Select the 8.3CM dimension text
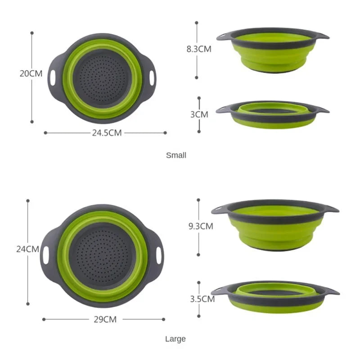pyautogui.click(x=199, y=49)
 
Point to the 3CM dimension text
pyautogui.click(x=199, y=114)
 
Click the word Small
pyautogui.click(x=176, y=155)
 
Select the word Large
pyautogui.click(x=175, y=339)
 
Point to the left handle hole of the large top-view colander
pyautogui.click(x=46, y=255)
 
